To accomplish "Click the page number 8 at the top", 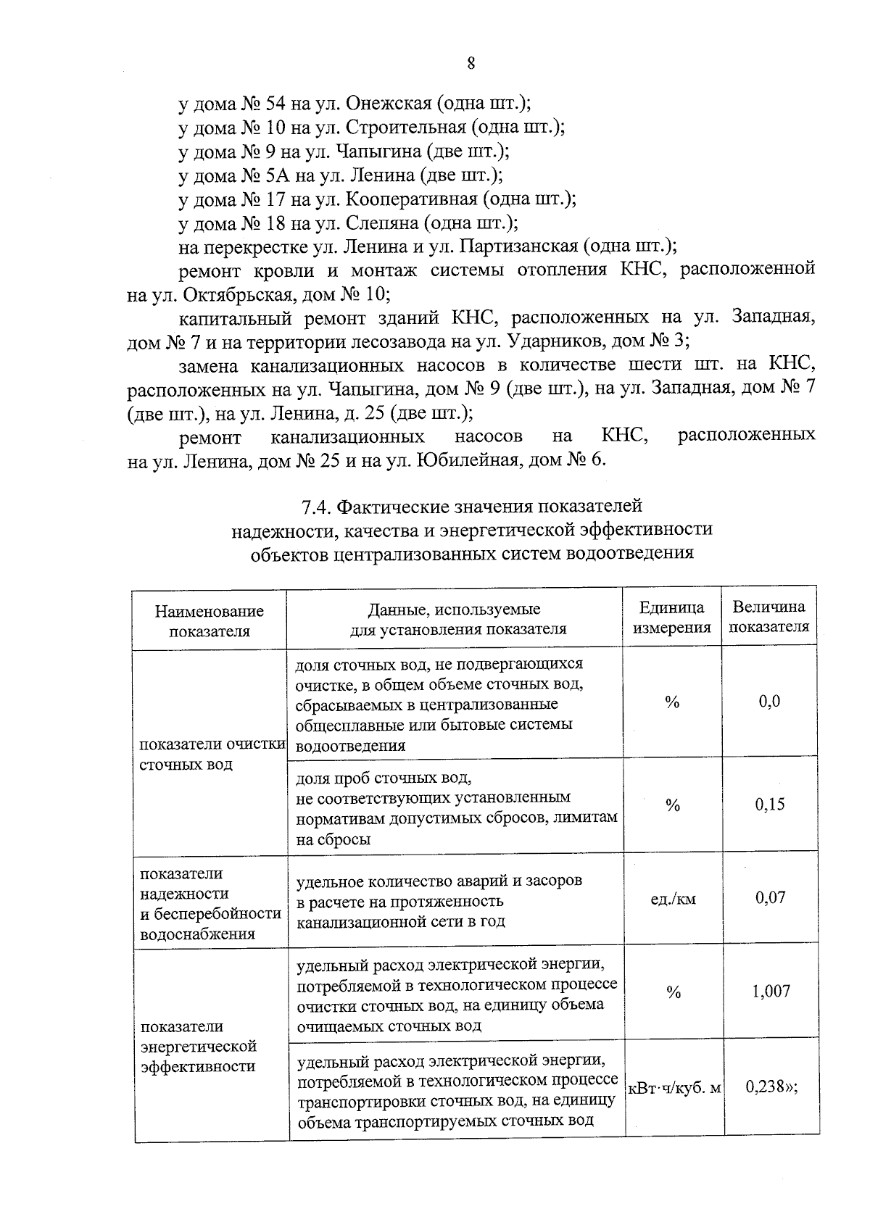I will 471,63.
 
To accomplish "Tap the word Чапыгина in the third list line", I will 382,151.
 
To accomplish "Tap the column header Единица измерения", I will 672,618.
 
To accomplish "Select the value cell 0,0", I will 769,702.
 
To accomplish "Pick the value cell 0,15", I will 769,805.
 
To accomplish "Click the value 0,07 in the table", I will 769,898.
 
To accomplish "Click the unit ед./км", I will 672,899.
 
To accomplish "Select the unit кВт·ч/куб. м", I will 674,1089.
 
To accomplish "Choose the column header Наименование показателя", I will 210,621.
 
